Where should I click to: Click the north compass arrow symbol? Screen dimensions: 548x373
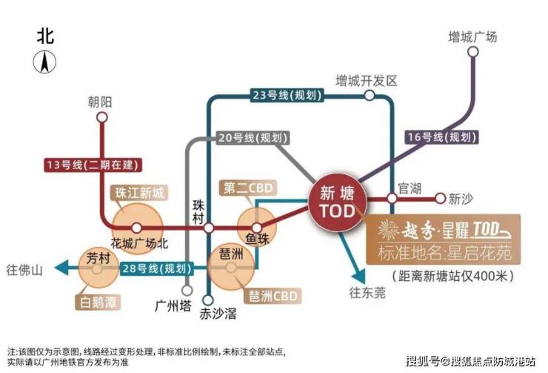(x=44, y=62)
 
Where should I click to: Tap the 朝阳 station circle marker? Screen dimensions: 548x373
(x=102, y=117)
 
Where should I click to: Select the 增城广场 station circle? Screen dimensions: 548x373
(x=473, y=52)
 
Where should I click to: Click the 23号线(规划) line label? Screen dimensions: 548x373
(x=287, y=95)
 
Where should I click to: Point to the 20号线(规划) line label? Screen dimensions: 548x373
(x=253, y=138)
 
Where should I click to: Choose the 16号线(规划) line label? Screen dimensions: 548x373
(x=442, y=136)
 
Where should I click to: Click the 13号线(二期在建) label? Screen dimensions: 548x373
(x=93, y=165)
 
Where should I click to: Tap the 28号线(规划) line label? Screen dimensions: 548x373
(x=157, y=268)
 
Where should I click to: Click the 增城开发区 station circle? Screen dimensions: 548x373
(x=370, y=95)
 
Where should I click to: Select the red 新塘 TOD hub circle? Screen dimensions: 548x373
(x=338, y=202)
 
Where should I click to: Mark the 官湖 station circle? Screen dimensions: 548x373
(x=392, y=199)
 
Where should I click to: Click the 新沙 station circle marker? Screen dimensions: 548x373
(x=441, y=199)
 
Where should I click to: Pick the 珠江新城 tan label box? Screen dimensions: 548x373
(x=139, y=193)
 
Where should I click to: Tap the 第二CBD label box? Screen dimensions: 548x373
(x=248, y=188)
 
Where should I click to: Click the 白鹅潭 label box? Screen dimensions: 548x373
(x=98, y=302)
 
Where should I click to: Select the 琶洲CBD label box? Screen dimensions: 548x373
(x=273, y=296)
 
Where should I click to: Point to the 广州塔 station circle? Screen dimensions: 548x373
(x=187, y=291)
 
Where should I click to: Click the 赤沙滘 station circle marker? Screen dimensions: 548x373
(x=208, y=300)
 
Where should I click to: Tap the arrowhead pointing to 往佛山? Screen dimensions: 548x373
(x=63, y=268)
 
